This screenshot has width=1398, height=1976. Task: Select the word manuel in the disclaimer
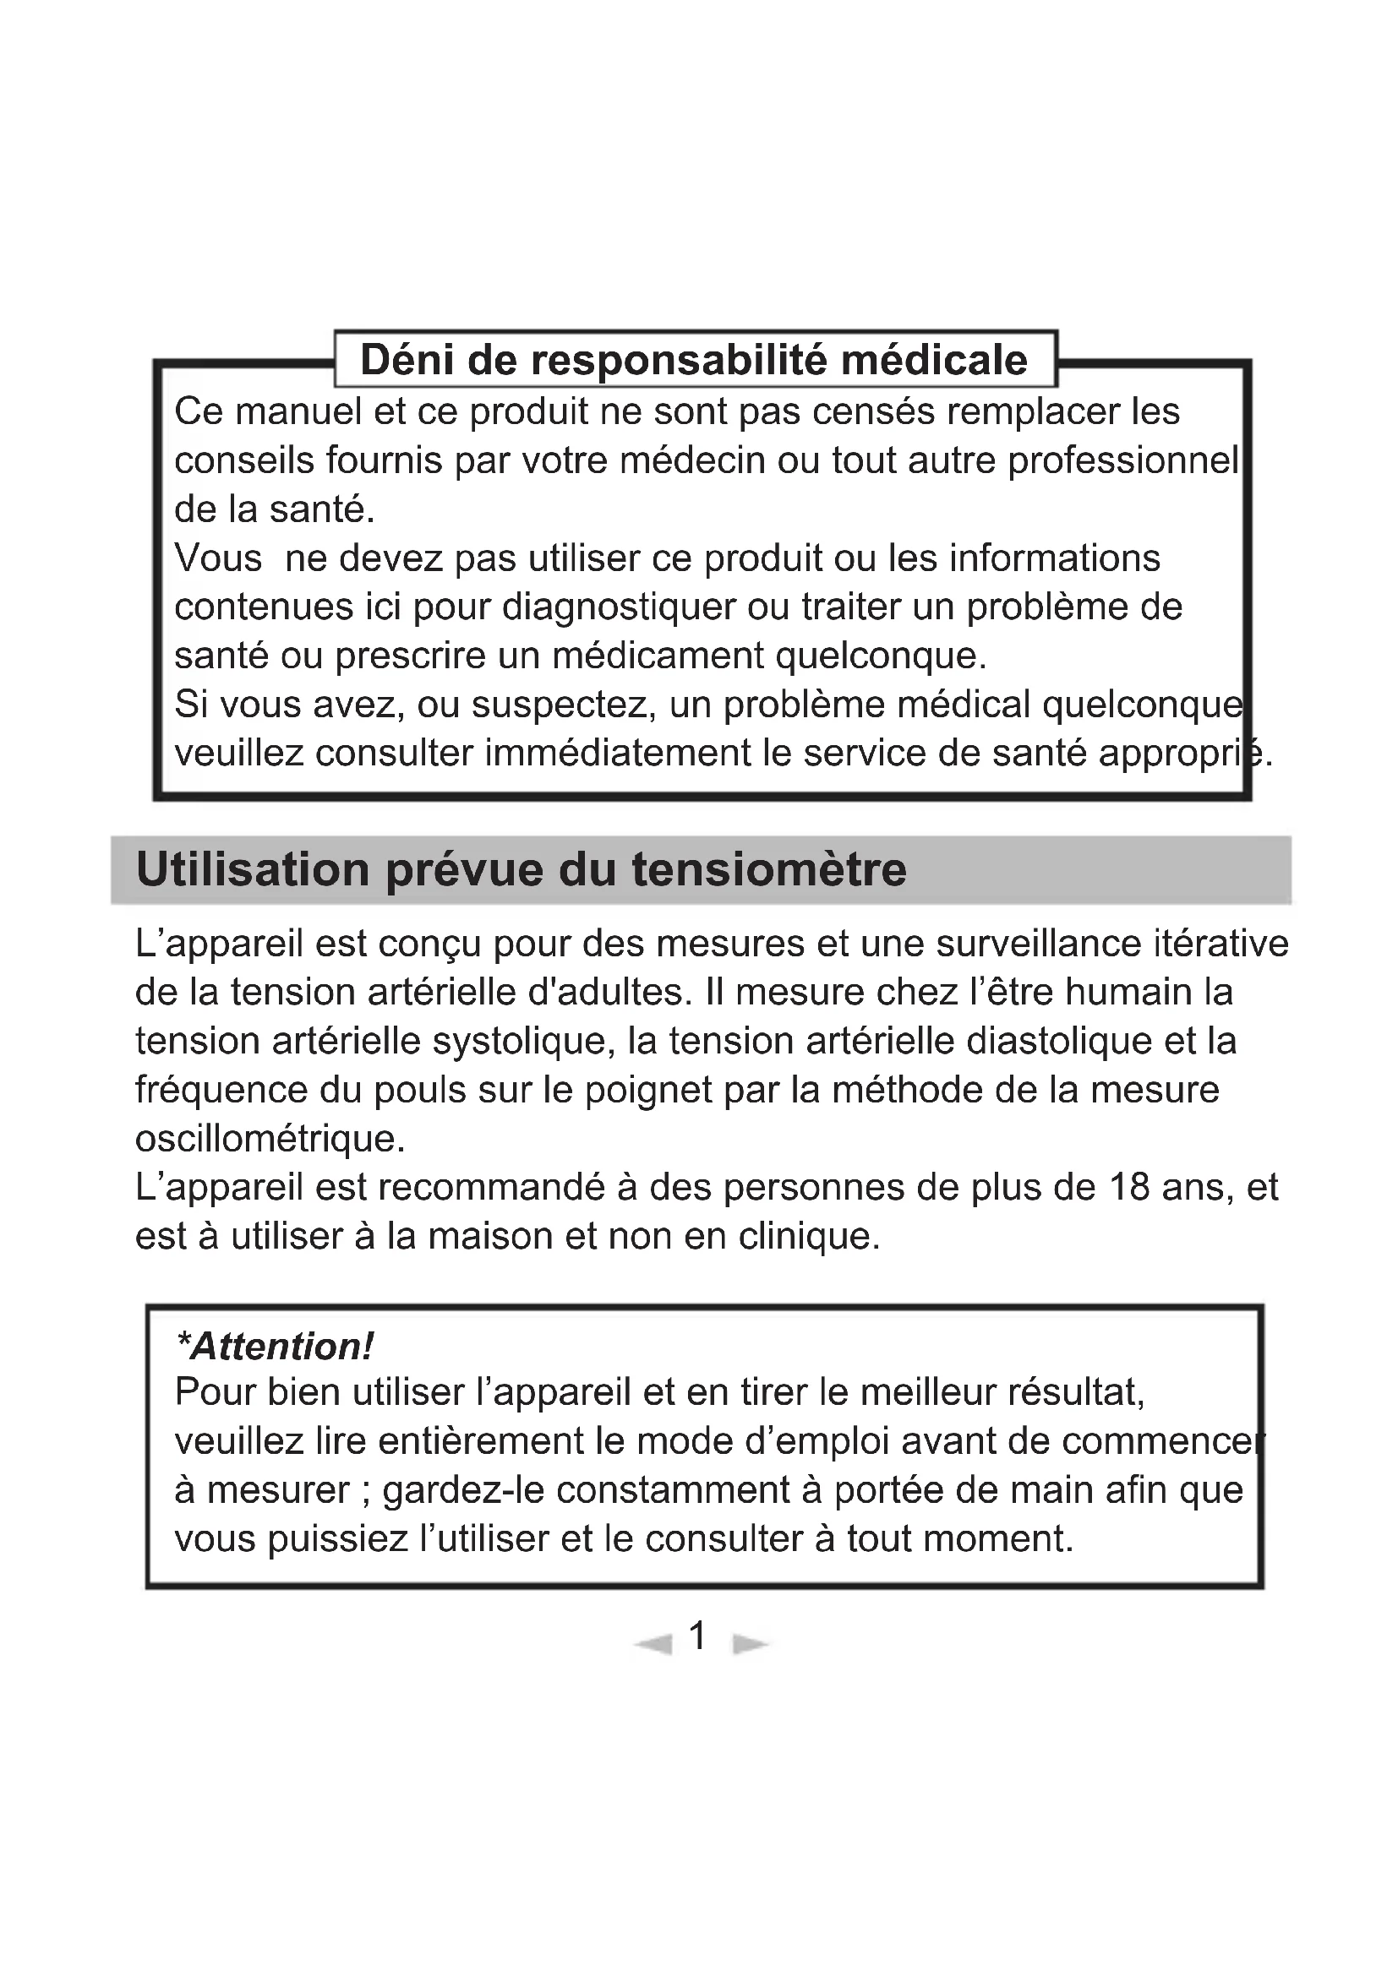point(295,411)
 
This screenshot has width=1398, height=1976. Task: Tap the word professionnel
point(1123,460)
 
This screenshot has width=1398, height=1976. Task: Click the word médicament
point(657,656)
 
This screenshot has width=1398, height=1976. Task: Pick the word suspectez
point(564,705)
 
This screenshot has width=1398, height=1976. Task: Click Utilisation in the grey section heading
point(253,869)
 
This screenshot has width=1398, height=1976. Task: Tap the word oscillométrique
point(270,1140)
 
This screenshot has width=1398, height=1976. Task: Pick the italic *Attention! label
point(275,1347)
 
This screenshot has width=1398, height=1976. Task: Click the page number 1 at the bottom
point(698,1636)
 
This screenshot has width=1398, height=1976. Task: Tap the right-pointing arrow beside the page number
point(749,1645)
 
